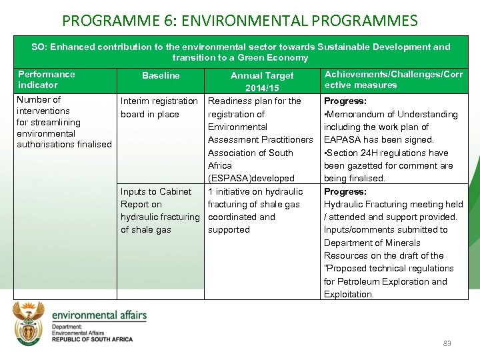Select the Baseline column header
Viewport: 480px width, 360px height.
pyautogui.click(x=161, y=75)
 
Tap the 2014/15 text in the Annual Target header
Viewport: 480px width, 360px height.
pyautogui.click(x=262, y=88)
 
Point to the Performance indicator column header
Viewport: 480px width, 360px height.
pyautogui.click(x=47, y=79)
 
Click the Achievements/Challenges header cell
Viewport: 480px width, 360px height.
pyautogui.click(x=393, y=79)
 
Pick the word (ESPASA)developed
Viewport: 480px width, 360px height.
pyautogui.click(x=251, y=178)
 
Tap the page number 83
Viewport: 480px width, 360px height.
pyautogui.click(x=447, y=343)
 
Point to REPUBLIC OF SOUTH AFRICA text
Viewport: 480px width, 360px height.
pyautogui.click(x=93, y=339)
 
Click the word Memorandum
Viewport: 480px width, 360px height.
pyautogui.click(x=355, y=114)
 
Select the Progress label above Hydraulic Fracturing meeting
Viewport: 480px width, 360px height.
pyautogui.click(x=345, y=191)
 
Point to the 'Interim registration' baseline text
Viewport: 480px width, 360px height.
pyautogui.click(x=159, y=101)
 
